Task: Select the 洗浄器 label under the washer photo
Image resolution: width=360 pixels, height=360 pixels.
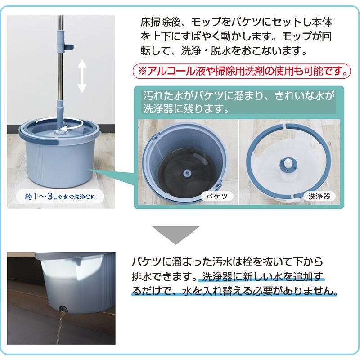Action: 320,196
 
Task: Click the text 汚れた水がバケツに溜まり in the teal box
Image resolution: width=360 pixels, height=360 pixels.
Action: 193,96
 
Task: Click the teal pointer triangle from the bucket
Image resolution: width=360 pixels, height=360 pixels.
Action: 112,178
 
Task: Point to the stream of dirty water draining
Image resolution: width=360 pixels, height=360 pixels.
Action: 58,333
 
